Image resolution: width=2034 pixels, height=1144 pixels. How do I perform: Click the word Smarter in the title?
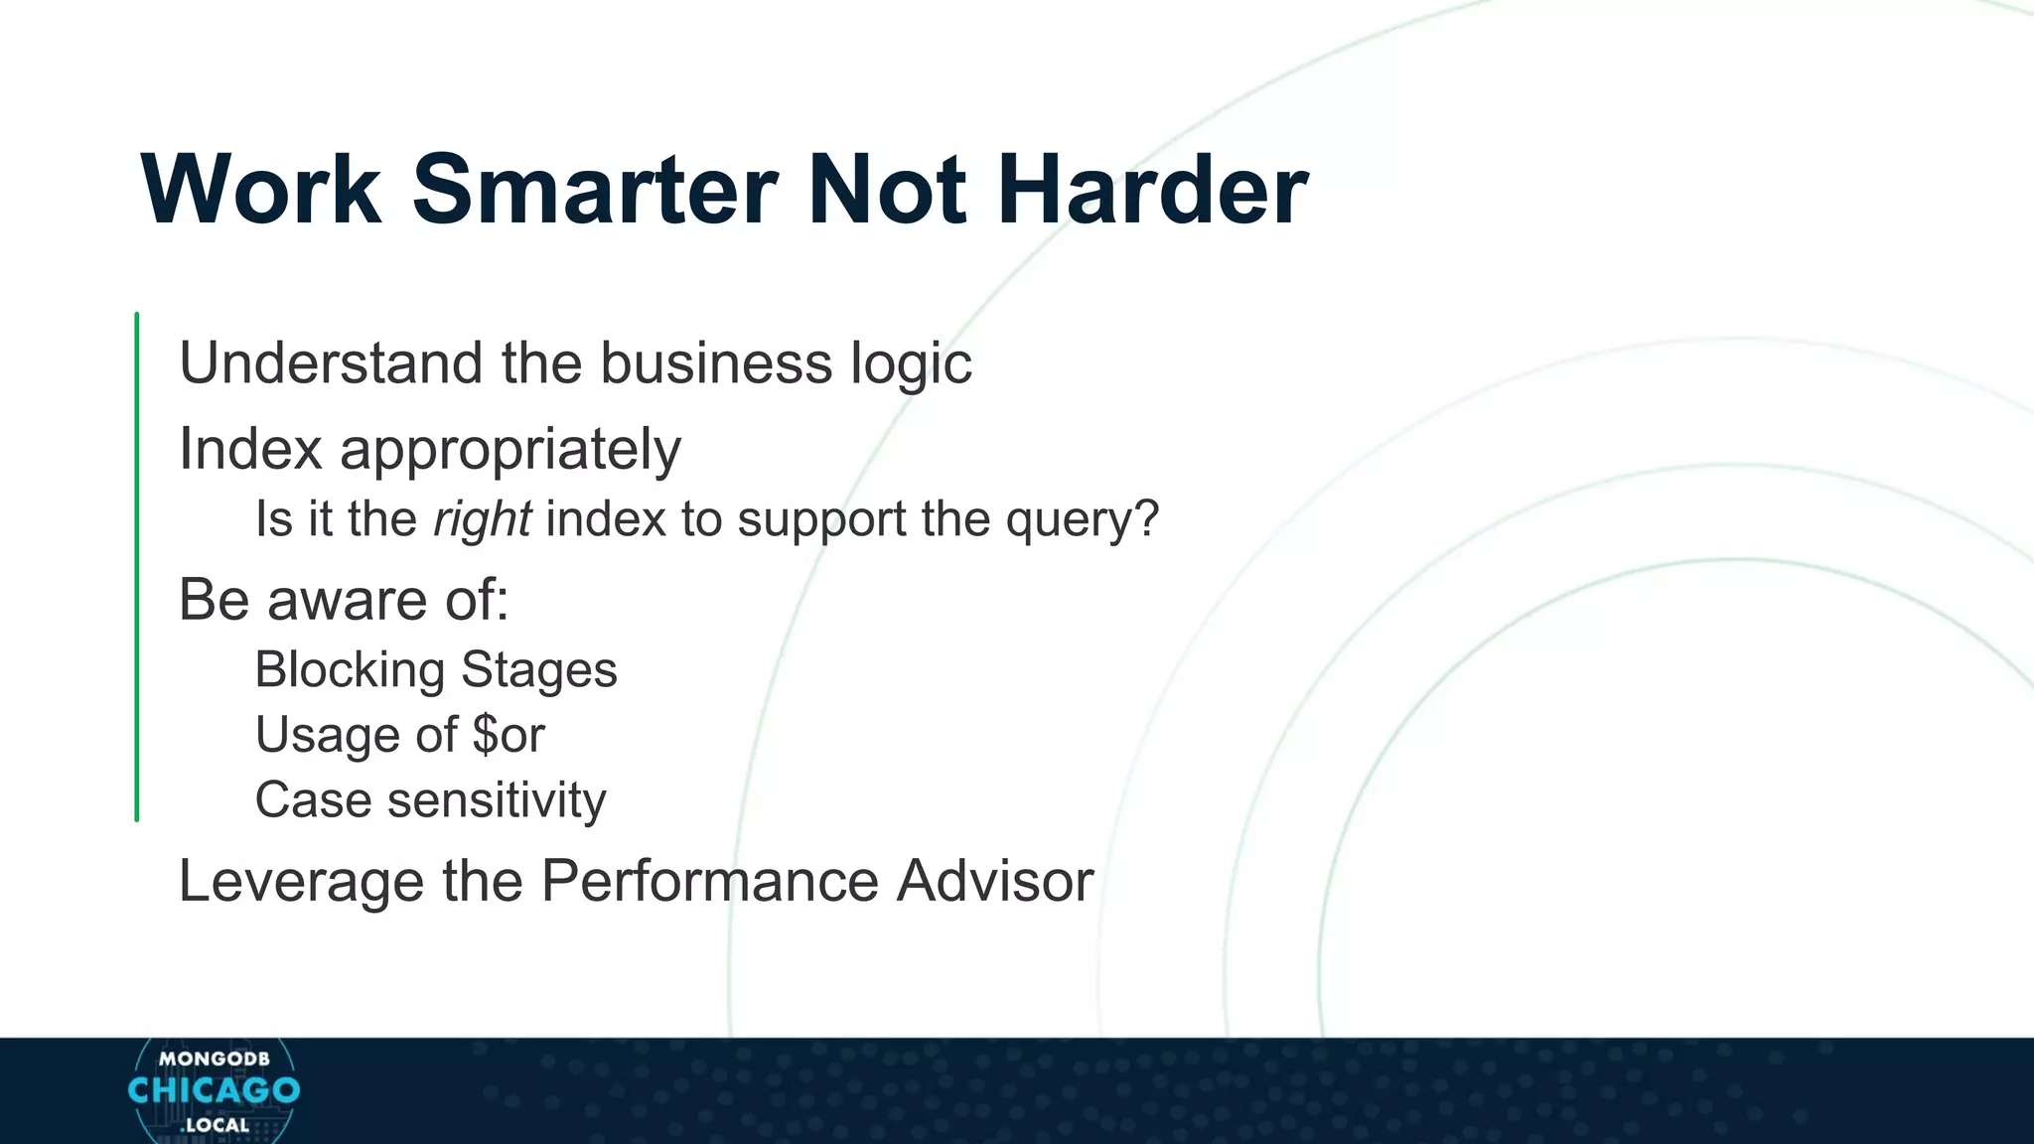tap(594, 190)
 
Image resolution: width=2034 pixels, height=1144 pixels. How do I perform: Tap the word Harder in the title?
tap(1152, 190)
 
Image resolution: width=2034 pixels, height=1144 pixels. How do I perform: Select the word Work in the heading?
tap(261, 190)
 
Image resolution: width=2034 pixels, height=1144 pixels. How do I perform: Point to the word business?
tap(715, 362)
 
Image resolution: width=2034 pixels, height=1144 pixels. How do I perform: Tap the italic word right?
tap(482, 519)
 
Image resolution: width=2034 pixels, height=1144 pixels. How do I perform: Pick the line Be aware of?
tap(344, 600)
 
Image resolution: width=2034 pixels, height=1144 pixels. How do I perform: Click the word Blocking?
tap(349, 670)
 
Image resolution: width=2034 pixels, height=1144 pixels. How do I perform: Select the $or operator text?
tap(508, 736)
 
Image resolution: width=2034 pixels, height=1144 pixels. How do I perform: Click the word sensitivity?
tap(496, 800)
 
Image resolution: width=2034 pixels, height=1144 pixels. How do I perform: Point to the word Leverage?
tap(301, 882)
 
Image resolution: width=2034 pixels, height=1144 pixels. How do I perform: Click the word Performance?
tap(709, 881)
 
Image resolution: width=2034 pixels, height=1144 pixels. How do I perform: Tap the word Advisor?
tap(994, 881)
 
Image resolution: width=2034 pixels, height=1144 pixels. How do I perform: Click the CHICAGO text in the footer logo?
tap(214, 1090)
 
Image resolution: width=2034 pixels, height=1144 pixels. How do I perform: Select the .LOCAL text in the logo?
tap(215, 1125)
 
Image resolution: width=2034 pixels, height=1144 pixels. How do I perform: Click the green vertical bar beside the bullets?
tap(137, 566)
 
